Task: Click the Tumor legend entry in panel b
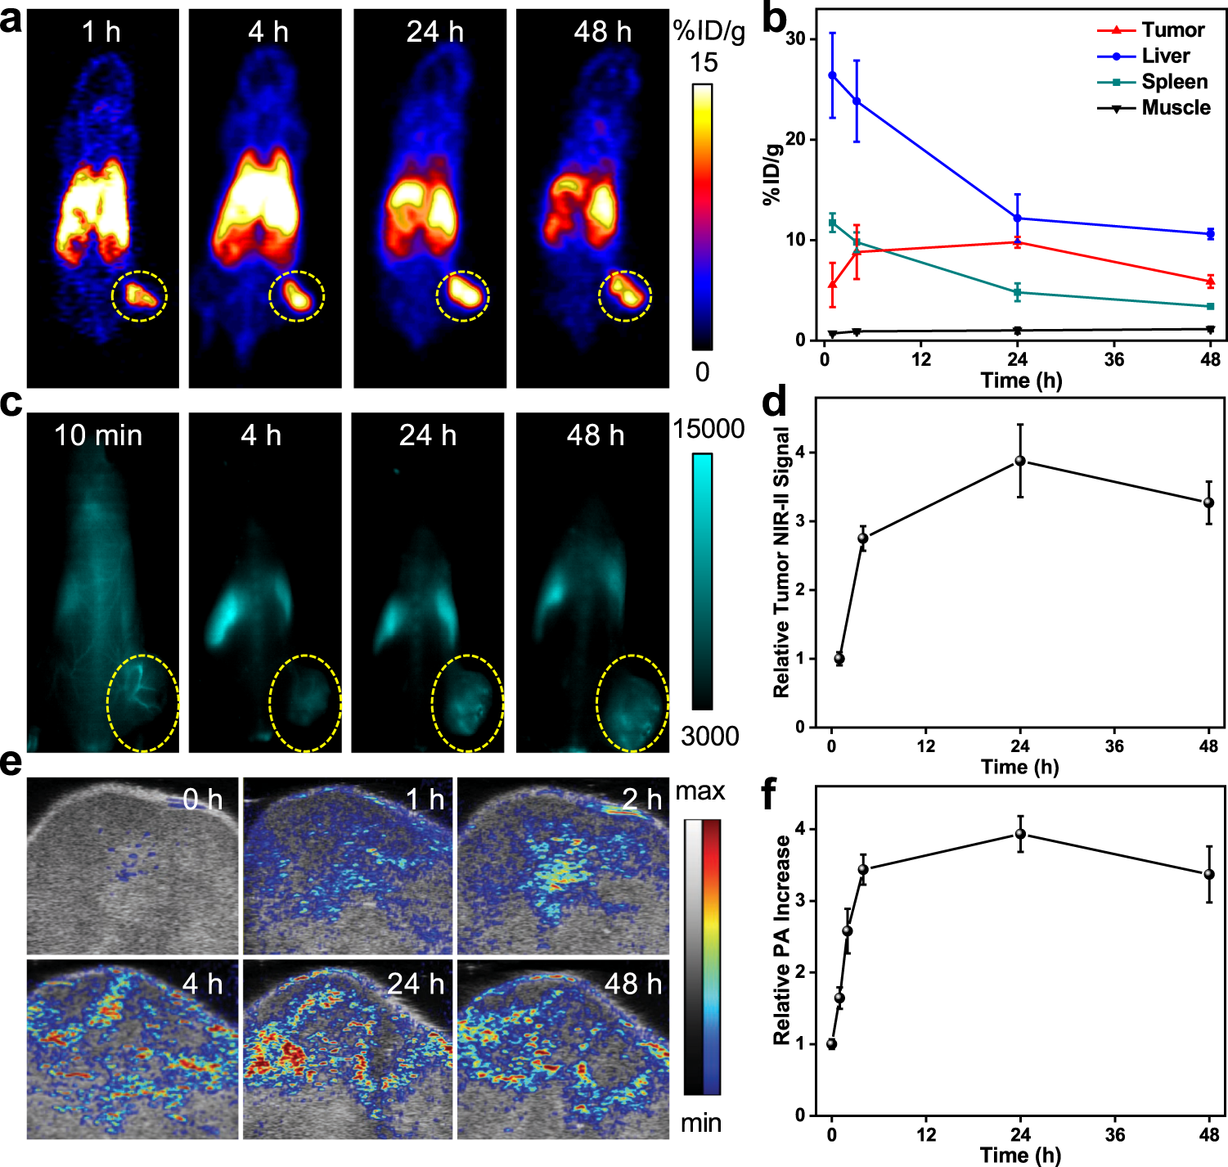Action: [x=1172, y=30]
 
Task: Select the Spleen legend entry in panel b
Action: [x=1174, y=82]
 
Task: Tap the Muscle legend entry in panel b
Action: [x=1176, y=108]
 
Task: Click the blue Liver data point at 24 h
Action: [x=1017, y=219]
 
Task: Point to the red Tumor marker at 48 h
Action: [x=1210, y=282]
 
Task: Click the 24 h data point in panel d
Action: [x=1020, y=461]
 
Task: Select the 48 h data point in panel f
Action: [x=1209, y=874]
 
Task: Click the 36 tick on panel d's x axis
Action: [x=1114, y=746]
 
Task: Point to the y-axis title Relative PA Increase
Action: [x=782, y=939]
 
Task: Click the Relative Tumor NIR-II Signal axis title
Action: [x=782, y=561]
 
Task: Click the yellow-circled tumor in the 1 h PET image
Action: [x=139, y=295]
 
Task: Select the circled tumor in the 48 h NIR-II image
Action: [x=632, y=703]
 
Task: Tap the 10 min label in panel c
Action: [x=98, y=435]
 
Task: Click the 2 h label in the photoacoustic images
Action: [x=641, y=800]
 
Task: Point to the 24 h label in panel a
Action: [x=434, y=32]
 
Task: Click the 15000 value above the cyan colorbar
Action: [x=708, y=429]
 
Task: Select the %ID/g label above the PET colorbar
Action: [x=708, y=31]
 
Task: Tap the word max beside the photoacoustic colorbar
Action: [x=700, y=791]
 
